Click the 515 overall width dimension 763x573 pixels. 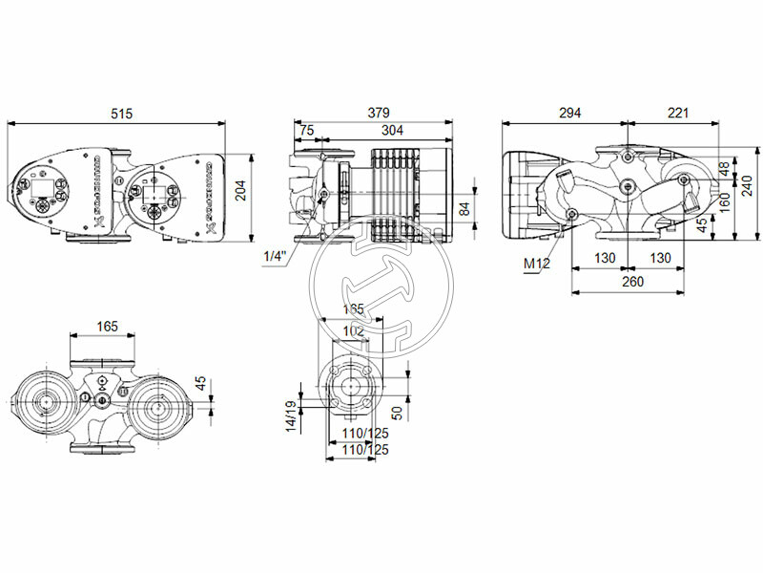pos(120,114)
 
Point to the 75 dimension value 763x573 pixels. pos(306,131)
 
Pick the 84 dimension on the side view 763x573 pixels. pos(464,208)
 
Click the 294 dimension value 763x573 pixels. pos(568,114)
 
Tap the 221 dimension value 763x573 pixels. pos(678,114)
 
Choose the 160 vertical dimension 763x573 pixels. pos(724,200)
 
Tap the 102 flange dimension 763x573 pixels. pos(354,330)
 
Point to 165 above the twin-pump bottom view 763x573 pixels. pos(107,327)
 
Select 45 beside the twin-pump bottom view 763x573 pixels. pos(200,383)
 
